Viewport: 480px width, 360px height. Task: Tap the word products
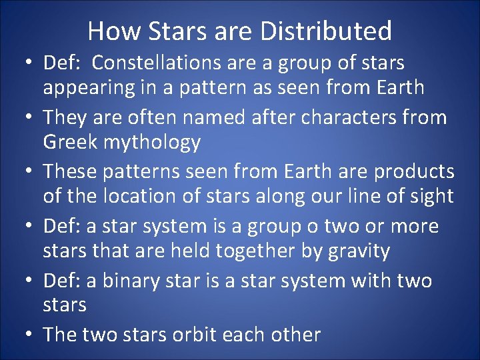pos(414,172)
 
